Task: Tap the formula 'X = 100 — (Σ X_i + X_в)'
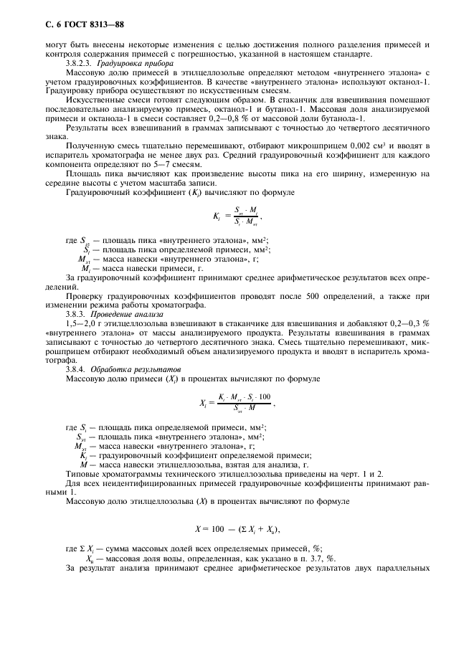pos(237,530)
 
